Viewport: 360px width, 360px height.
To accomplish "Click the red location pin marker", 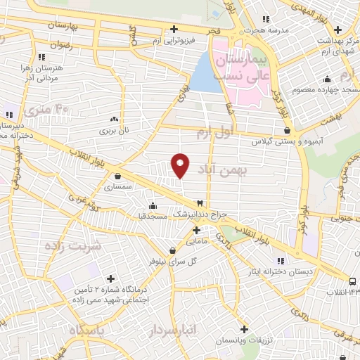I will coord(181,165).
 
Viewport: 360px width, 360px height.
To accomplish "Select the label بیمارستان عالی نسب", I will coord(241,60).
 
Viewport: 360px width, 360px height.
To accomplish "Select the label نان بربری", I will coord(114,131).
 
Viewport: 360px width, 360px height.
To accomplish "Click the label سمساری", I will coord(117,187).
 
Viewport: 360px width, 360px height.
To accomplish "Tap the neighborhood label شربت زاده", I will coord(72,246).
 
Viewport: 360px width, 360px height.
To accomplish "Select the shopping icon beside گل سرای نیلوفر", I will coord(172,250).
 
